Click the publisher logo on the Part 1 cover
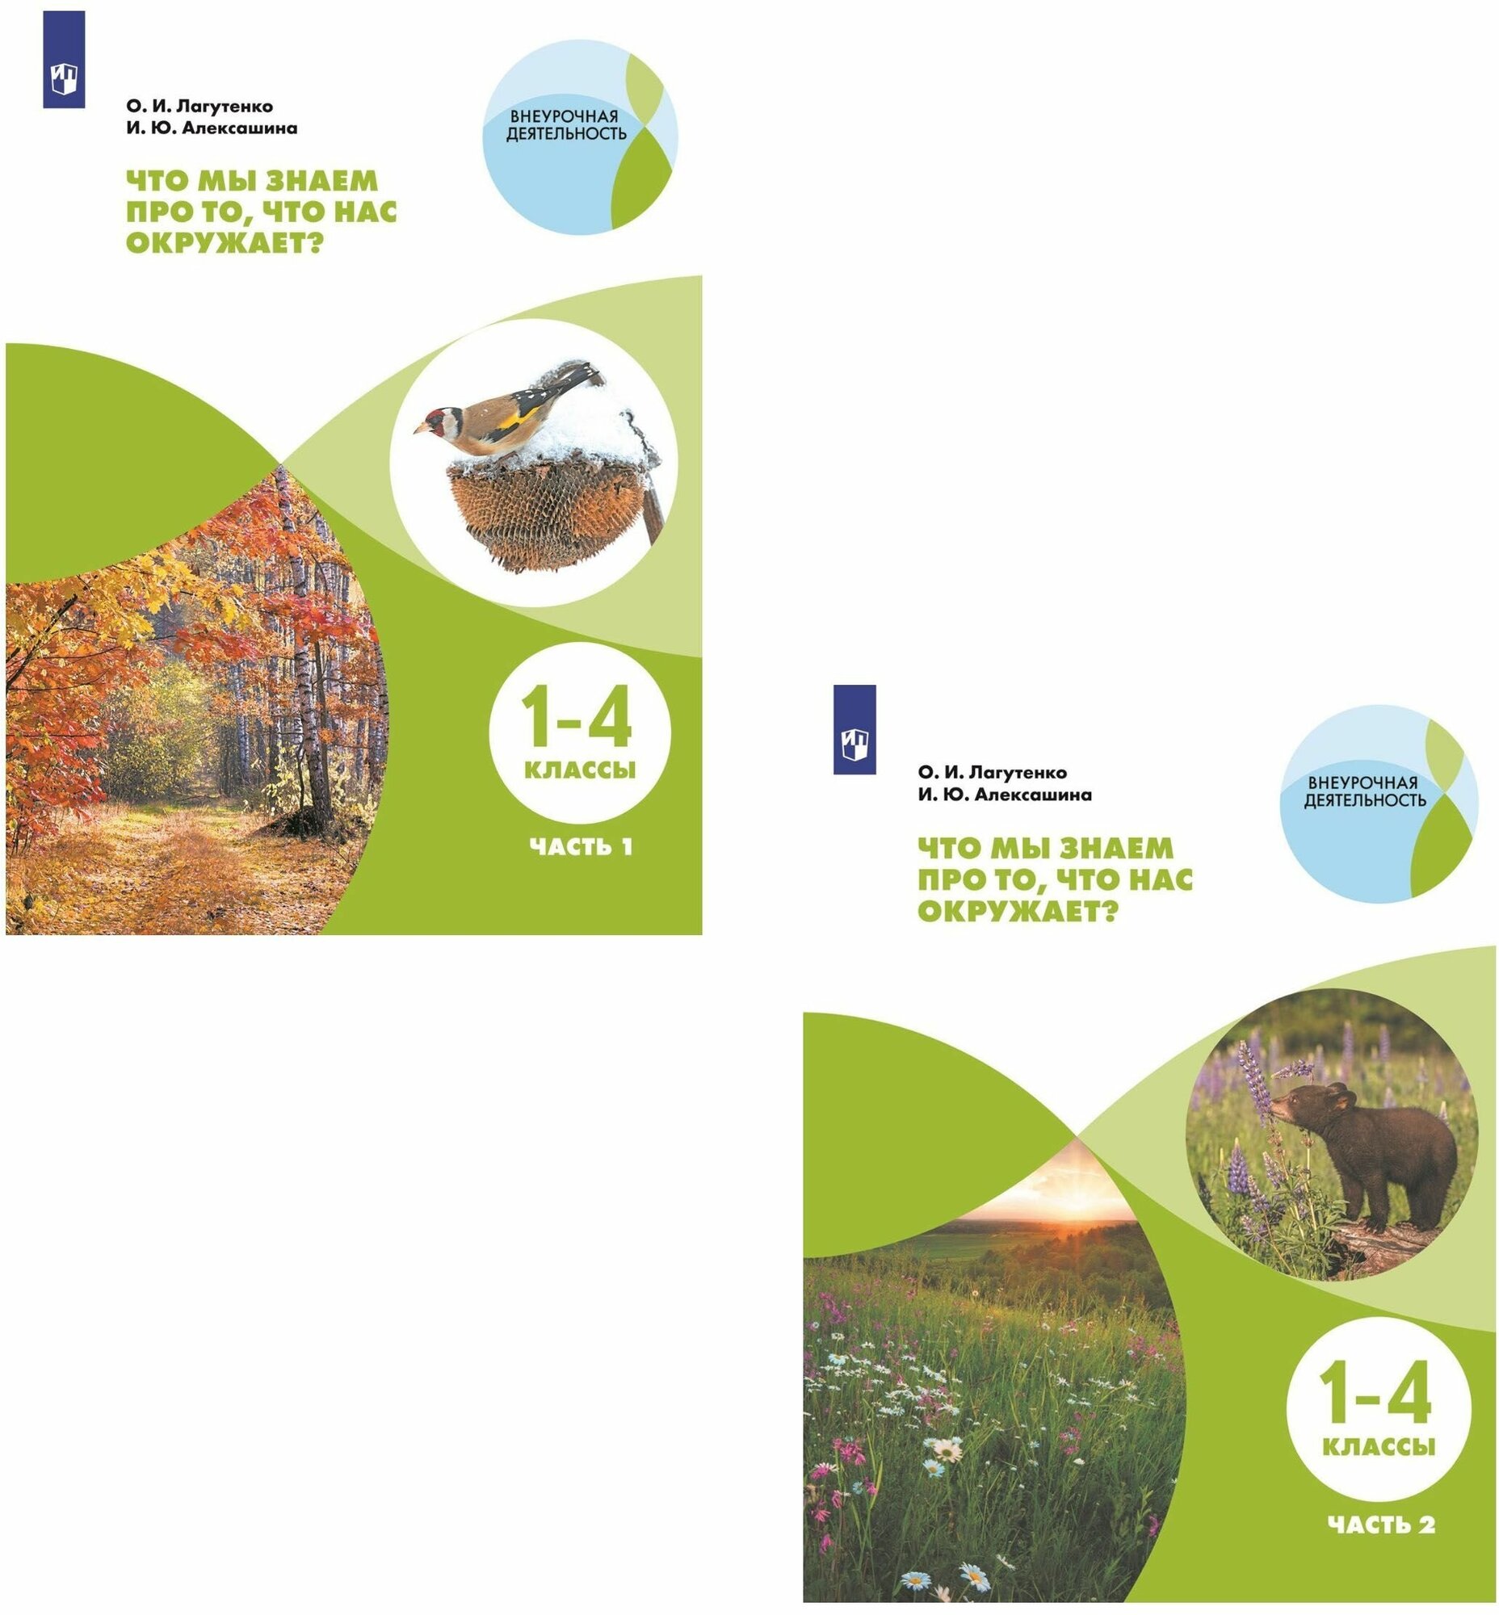coord(63,59)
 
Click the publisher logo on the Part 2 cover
coord(854,729)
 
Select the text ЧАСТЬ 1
coord(580,847)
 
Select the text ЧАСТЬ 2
coord(1380,1524)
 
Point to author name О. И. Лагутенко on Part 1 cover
coord(199,107)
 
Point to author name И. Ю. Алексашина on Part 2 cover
coord(1004,795)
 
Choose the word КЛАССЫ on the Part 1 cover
coord(580,770)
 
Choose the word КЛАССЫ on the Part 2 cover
coord(1379,1447)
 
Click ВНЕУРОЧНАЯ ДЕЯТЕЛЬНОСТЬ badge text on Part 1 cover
coord(566,125)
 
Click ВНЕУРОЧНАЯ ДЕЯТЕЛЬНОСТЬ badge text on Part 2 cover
coord(1364,791)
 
